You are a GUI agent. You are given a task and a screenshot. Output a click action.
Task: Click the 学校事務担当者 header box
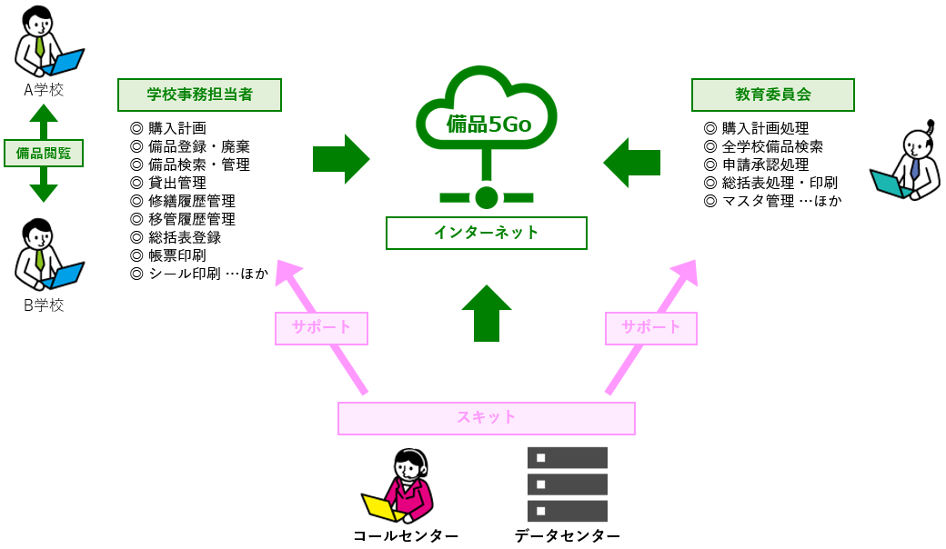[199, 95]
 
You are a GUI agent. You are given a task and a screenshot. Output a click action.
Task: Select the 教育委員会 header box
[773, 95]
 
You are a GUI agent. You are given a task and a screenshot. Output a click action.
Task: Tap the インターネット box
[487, 233]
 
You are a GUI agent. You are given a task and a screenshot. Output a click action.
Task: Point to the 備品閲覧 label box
[44, 153]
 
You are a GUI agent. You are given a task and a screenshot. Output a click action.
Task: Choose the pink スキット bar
[487, 418]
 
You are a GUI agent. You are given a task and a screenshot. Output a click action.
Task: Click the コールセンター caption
[406, 536]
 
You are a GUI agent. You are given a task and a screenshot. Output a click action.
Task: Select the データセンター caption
[567, 536]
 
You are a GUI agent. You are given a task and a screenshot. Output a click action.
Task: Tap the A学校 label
[44, 89]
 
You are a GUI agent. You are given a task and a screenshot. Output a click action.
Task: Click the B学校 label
[44, 305]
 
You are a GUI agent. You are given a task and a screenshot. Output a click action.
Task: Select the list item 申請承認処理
[765, 165]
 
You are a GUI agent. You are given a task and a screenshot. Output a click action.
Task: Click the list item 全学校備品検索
[772, 146]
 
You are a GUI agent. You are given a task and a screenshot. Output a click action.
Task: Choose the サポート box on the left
[321, 328]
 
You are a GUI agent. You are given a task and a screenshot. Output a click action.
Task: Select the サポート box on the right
[651, 328]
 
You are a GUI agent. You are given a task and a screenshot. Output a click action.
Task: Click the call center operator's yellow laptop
[380, 507]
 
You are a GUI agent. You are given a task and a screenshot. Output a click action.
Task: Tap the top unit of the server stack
[567, 457]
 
